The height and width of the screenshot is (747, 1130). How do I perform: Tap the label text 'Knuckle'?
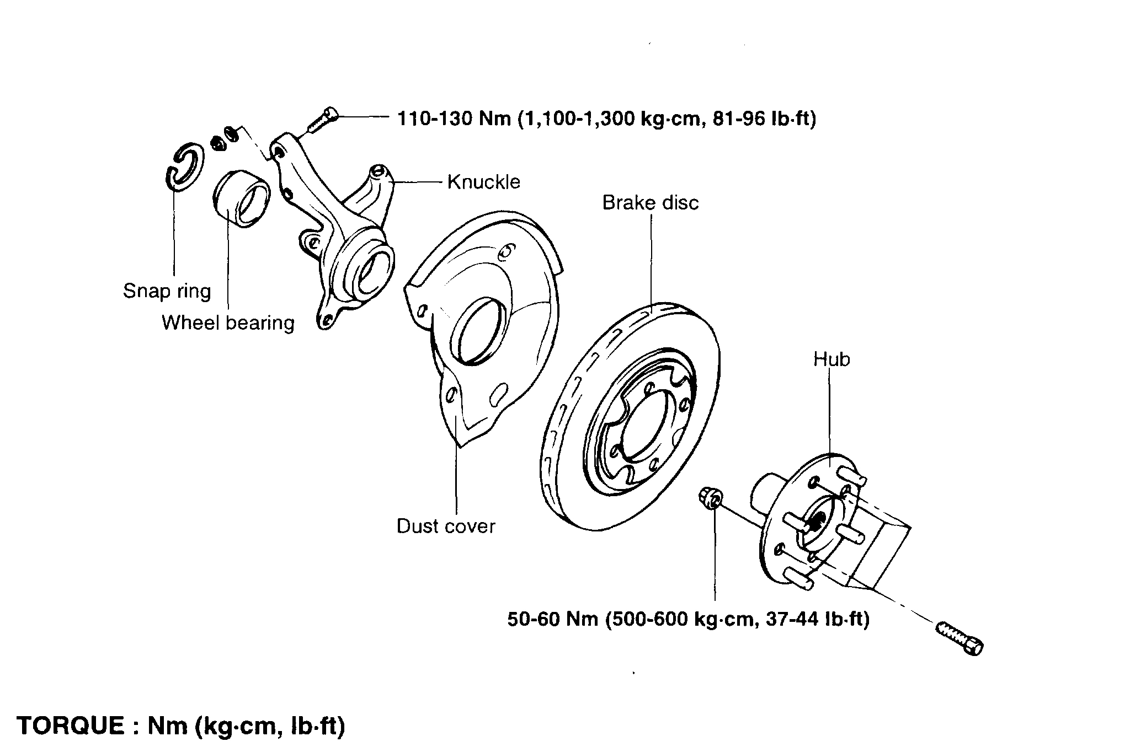(483, 182)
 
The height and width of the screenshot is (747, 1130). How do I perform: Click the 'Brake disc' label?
(650, 202)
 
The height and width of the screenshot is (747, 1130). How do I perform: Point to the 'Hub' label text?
(831, 359)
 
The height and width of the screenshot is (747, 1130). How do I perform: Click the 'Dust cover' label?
(446, 526)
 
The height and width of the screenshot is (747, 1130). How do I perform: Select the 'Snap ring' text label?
(167, 291)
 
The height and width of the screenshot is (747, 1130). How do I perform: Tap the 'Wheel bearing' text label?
(228, 323)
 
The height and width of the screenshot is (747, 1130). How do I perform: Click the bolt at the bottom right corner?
(960, 638)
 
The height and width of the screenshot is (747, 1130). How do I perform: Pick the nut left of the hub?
(710, 498)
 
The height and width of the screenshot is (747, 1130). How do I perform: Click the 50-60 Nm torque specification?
(688, 619)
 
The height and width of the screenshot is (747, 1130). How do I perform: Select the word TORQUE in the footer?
(71, 725)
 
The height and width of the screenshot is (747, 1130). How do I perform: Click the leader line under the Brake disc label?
(651, 259)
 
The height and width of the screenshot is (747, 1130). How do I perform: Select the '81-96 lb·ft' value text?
(764, 119)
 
